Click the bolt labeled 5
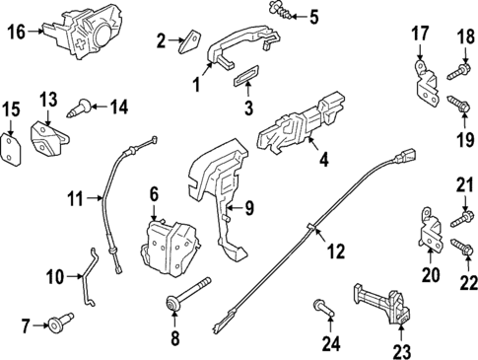[x=277, y=15]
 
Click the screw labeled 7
[x=62, y=322]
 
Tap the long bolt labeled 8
[x=191, y=288]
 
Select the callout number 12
[x=336, y=252]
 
